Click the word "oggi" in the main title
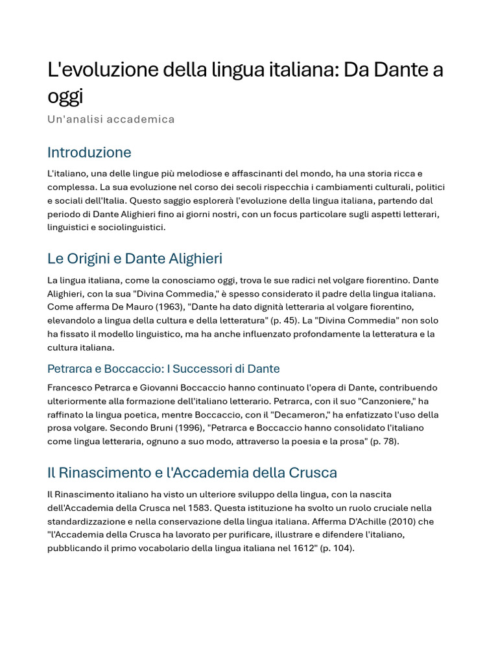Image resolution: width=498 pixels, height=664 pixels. coord(65,97)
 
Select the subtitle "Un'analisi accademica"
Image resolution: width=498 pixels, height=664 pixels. coord(111,119)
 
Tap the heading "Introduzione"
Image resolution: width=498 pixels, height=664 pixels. coord(89,152)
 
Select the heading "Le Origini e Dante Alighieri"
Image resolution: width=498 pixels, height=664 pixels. coord(135,259)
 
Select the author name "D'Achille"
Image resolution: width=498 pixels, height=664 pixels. coord(371,521)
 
